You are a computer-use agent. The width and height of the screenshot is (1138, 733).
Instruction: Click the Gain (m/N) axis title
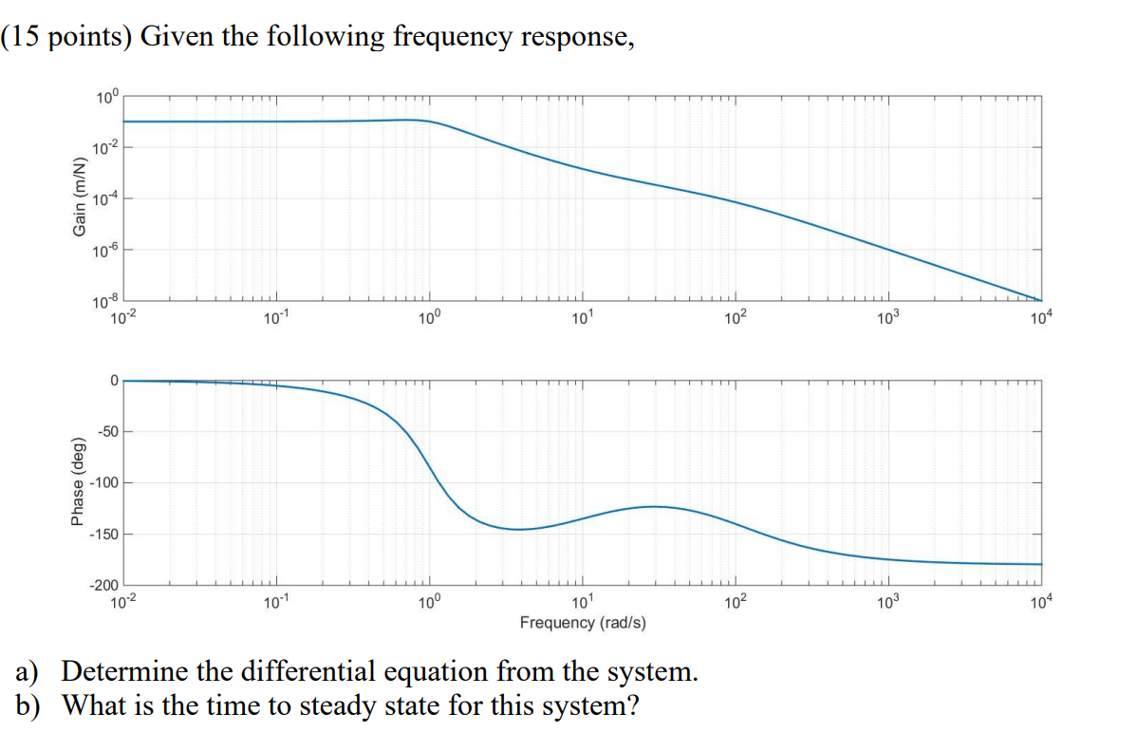(82, 197)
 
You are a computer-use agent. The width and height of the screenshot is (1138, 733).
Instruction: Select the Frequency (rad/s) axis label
(583, 623)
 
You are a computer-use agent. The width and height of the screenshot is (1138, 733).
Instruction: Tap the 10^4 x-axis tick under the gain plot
(1040, 317)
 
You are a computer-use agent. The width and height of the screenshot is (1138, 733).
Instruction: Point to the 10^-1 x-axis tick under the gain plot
(275, 317)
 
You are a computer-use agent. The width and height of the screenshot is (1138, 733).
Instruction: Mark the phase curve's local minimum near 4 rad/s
(519, 529)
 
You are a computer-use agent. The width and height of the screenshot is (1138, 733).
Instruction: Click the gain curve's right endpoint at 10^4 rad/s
(1040, 301)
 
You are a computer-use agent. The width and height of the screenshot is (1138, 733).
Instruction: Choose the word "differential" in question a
(301, 672)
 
